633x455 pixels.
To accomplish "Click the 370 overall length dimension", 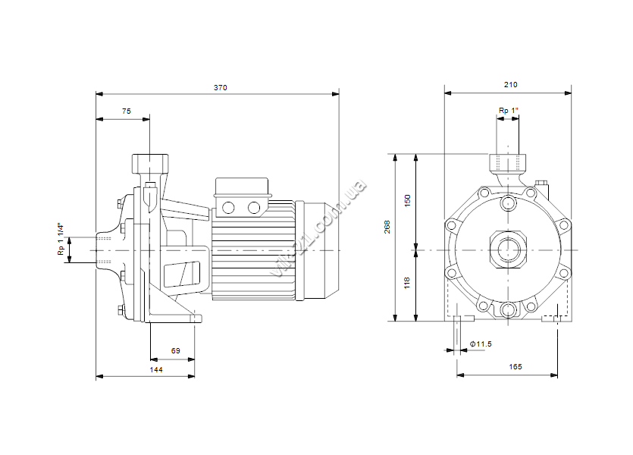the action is (221, 88).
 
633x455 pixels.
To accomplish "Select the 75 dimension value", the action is (127, 111).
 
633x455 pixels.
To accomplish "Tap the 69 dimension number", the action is (176, 351).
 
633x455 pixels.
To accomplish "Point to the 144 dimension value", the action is (156, 370).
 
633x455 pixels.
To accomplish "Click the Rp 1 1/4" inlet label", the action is (61, 239).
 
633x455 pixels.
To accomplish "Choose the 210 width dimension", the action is (511, 85).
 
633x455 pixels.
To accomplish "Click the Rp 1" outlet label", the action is (509, 111).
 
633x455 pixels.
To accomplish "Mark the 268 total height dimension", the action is (387, 227).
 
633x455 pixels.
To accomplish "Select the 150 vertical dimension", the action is (407, 201).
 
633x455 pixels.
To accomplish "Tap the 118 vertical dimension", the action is (407, 283).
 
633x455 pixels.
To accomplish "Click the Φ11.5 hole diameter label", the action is (481, 344).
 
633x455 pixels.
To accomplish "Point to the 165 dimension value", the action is (515, 366).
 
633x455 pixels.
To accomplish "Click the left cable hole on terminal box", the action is (228, 208).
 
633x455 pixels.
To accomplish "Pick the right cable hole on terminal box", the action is (254, 208).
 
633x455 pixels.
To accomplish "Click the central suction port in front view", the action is (508, 250).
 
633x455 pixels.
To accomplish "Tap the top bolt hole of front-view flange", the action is (508, 202).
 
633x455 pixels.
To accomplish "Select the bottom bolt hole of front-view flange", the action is (508, 310).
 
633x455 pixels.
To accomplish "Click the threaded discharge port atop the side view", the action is (150, 164).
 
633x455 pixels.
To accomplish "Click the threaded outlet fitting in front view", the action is (508, 163).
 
